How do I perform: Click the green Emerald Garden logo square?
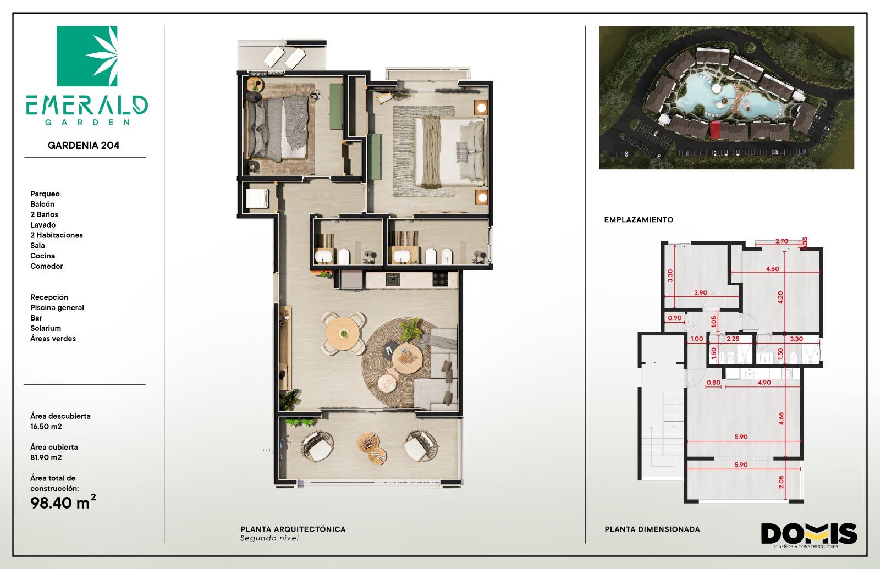[87, 56]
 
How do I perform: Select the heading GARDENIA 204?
[84, 145]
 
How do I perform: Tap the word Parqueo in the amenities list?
[45, 194]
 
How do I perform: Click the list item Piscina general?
[57, 307]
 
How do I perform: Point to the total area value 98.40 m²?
[63, 502]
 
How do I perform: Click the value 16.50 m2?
[46, 427]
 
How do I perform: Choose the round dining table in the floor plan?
[343, 334]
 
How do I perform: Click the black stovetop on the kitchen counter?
[440, 279]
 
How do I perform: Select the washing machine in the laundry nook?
[257, 198]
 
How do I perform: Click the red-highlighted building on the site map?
[716, 130]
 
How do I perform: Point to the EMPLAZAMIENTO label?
[639, 220]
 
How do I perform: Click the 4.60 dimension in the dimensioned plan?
[772, 269]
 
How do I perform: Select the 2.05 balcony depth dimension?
[781, 482]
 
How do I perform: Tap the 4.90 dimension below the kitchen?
[764, 383]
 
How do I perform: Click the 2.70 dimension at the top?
[782, 241]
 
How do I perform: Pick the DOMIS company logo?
[809, 535]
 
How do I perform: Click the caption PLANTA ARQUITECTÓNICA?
[293, 529]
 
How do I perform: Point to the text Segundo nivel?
[269, 538]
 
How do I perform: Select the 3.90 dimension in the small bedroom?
[701, 292]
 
